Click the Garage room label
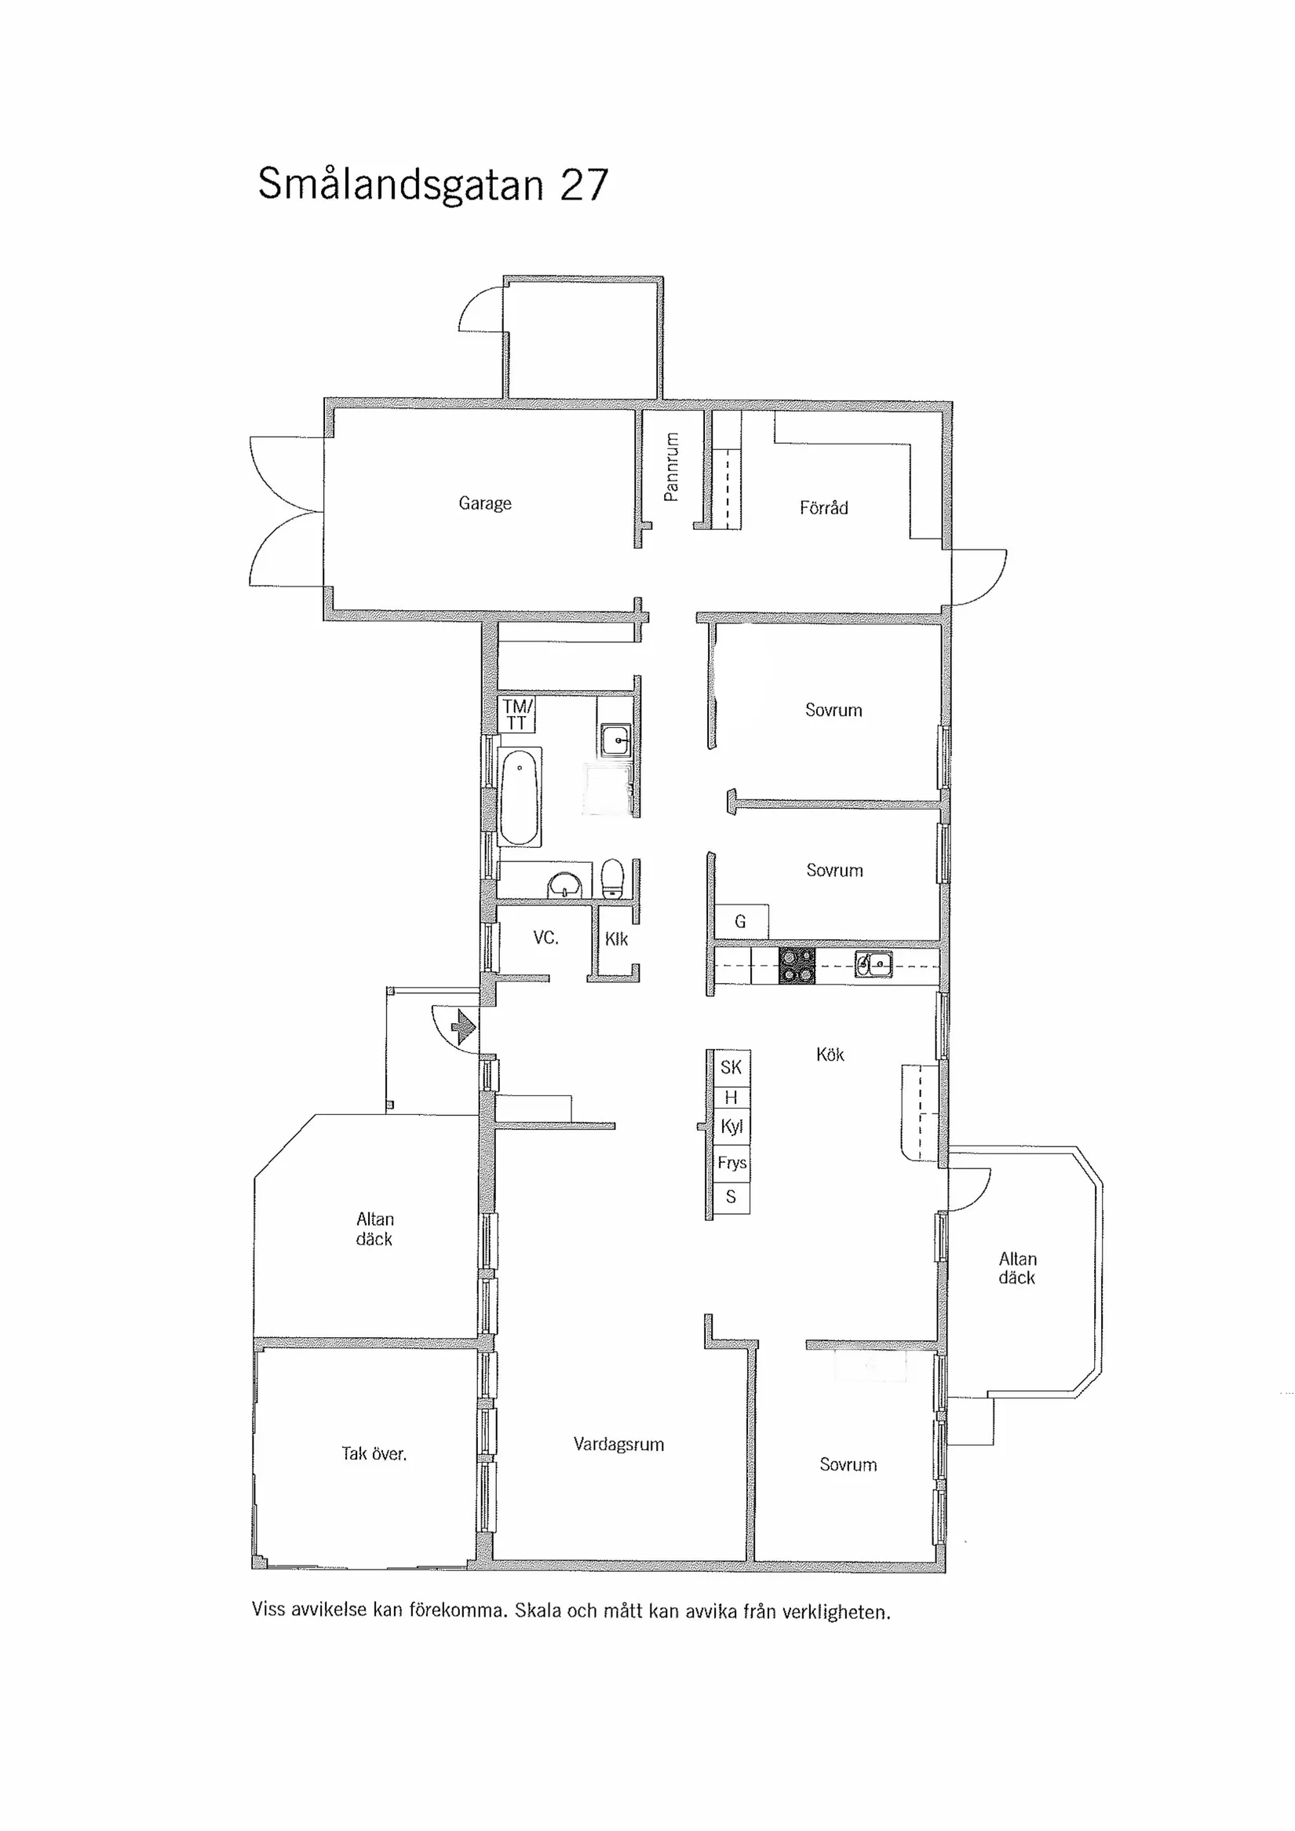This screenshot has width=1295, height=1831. coord(485,503)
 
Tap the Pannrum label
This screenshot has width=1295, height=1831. coord(671,466)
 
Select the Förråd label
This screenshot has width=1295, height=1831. coord(824,508)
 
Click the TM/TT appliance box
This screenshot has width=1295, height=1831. coord(516,714)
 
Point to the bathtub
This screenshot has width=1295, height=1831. coord(519,796)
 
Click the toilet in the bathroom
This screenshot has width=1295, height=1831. coord(611,879)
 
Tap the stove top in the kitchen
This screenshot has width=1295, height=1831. coord(797,966)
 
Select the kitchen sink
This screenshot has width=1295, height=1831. coord(874,964)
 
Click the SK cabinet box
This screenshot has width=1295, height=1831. coord(731,1068)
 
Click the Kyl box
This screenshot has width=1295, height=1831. coord(731,1127)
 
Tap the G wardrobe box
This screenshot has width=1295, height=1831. coord(741,922)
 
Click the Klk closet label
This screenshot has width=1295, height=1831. coord(616,939)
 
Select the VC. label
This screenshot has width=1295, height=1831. coord(546,937)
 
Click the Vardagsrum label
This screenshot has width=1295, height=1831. coord(618,1444)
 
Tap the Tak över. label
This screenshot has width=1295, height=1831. coord(374,1453)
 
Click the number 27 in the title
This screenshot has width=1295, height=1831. coord(584,185)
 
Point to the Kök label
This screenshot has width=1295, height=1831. coord(830,1054)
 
